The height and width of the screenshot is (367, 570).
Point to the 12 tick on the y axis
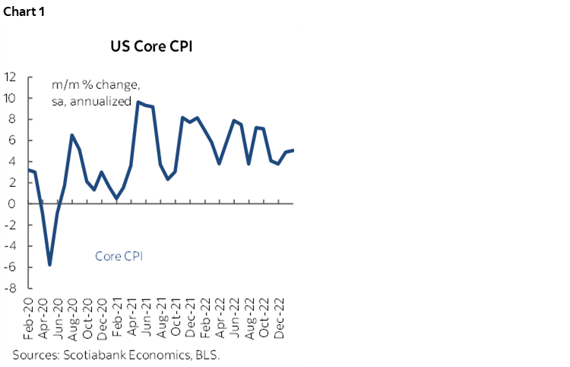(x=11, y=77)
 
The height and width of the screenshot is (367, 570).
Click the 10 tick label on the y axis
(x=11, y=98)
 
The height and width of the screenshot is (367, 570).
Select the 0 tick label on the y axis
(x=14, y=204)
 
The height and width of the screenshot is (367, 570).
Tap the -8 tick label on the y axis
(x=11, y=288)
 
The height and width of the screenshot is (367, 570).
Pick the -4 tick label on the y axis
(x=11, y=246)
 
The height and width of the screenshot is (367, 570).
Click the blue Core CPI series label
(x=119, y=256)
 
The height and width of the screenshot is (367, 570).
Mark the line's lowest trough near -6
(x=49, y=265)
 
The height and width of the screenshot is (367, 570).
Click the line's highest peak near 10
(x=138, y=102)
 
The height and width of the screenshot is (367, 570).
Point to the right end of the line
(x=294, y=150)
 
